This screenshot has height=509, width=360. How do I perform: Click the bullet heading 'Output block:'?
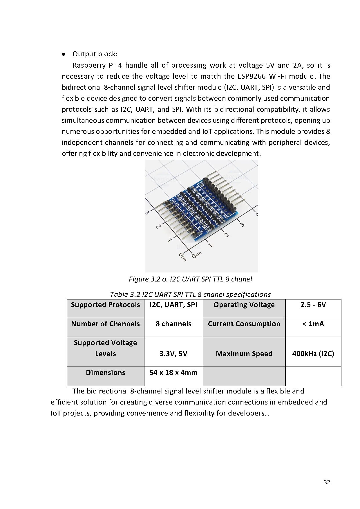pyautogui.click(x=95, y=54)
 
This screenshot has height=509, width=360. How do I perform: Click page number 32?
pyautogui.click(x=327, y=483)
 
